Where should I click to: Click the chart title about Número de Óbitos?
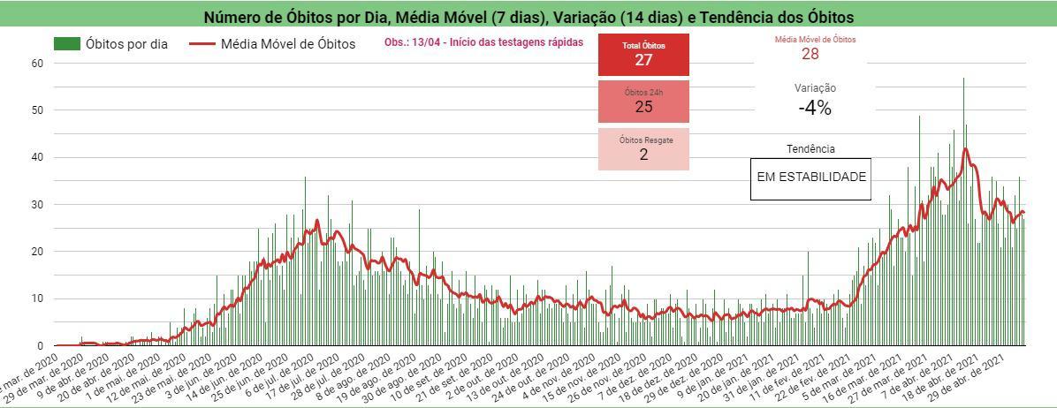[x=528, y=17]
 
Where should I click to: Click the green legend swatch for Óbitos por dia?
[x=67, y=43]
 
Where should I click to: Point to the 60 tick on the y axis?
[x=37, y=63]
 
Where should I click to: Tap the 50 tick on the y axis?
[x=37, y=110]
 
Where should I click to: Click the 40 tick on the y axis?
[x=37, y=157]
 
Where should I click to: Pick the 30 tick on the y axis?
[x=37, y=204]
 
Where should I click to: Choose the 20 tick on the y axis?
[x=37, y=252]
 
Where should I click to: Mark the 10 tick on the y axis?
[x=37, y=298]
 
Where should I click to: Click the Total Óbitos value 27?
[x=643, y=60]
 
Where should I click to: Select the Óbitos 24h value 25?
[x=643, y=107]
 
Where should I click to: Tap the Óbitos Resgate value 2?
[x=643, y=155]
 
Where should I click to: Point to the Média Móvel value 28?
[x=810, y=54]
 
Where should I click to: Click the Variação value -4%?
[x=814, y=108]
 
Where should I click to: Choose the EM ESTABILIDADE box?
[x=810, y=178]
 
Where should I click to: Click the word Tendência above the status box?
[x=810, y=149]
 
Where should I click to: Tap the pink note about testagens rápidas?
[x=483, y=42]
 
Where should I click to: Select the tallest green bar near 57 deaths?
[x=963, y=212]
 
